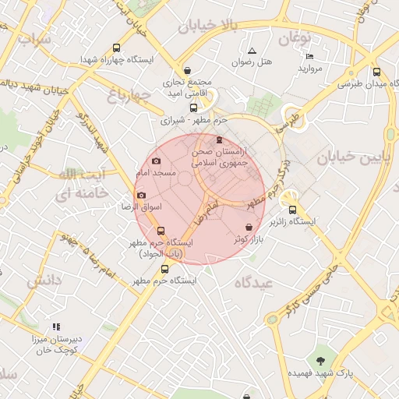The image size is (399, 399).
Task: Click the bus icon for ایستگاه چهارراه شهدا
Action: (117, 48)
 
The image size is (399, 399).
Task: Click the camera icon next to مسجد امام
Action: (157, 161)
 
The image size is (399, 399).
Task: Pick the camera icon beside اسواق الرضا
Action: (141, 196)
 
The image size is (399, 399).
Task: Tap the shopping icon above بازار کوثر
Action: (249, 226)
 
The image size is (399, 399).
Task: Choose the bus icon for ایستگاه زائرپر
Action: (293, 210)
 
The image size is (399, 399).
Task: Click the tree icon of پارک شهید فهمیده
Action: (320, 360)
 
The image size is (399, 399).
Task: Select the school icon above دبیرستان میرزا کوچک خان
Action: (56, 327)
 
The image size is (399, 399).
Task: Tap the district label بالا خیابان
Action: (206, 27)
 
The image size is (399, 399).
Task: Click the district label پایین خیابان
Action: (347, 157)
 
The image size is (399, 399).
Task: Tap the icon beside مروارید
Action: (309, 56)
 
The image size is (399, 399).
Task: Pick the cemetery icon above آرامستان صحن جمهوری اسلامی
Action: (217, 140)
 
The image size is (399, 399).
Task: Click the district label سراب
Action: (34, 37)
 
